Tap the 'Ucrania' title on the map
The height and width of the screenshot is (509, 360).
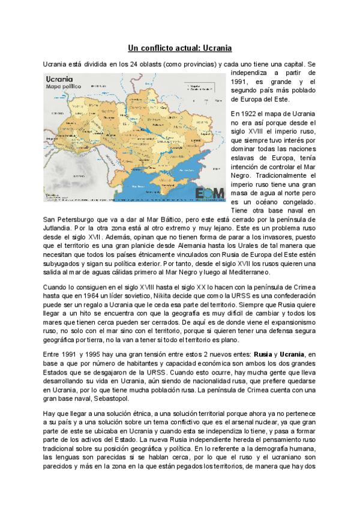[59, 79]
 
